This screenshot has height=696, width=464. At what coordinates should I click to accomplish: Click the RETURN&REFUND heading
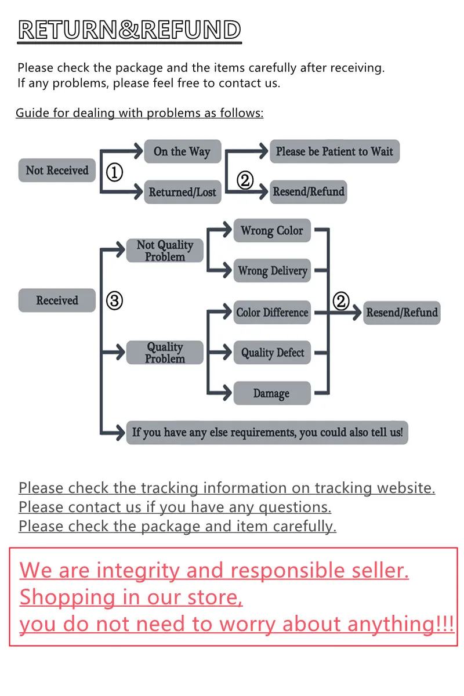point(129,30)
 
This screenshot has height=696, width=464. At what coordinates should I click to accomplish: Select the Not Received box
point(57,171)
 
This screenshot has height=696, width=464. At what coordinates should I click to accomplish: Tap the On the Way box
point(182,152)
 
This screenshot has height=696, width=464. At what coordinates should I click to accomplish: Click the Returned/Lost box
point(182,192)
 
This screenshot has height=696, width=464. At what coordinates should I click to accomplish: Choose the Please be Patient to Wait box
point(335,152)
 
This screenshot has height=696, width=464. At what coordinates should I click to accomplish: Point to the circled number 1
point(115,172)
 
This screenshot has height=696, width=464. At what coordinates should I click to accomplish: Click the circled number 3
point(115,301)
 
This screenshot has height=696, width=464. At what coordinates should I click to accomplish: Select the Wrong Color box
point(272,231)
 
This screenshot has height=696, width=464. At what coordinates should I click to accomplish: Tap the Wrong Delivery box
point(272,271)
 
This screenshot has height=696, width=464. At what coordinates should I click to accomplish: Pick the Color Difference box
point(272,313)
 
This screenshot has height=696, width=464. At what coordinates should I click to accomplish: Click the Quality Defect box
point(272,353)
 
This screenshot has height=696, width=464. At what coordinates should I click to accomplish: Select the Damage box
point(272,393)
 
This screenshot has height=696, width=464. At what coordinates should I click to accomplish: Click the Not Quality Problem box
point(165,251)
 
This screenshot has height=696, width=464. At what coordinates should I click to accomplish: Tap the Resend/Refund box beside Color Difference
point(401,313)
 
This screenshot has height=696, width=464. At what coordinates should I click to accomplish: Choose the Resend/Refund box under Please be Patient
point(309,192)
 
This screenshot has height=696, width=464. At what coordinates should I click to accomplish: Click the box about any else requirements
point(267,433)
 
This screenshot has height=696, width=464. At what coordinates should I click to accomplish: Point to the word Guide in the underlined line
point(32,113)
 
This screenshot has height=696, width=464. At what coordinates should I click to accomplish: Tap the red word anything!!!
point(401,624)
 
